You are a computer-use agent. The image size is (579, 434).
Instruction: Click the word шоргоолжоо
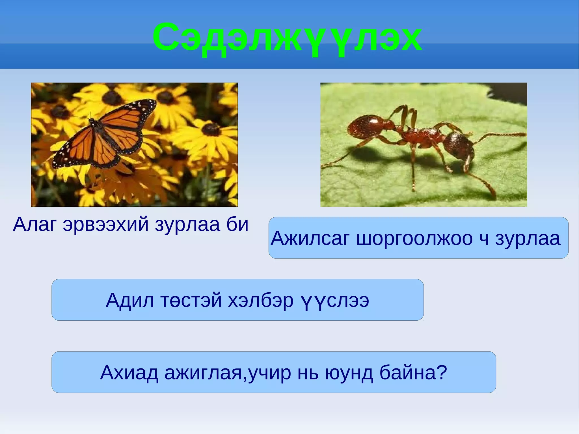tap(414, 238)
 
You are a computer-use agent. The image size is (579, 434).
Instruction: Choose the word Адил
tap(130, 300)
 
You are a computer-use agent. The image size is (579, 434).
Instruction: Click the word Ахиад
tap(129, 373)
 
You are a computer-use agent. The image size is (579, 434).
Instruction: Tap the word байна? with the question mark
tap(413, 373)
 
